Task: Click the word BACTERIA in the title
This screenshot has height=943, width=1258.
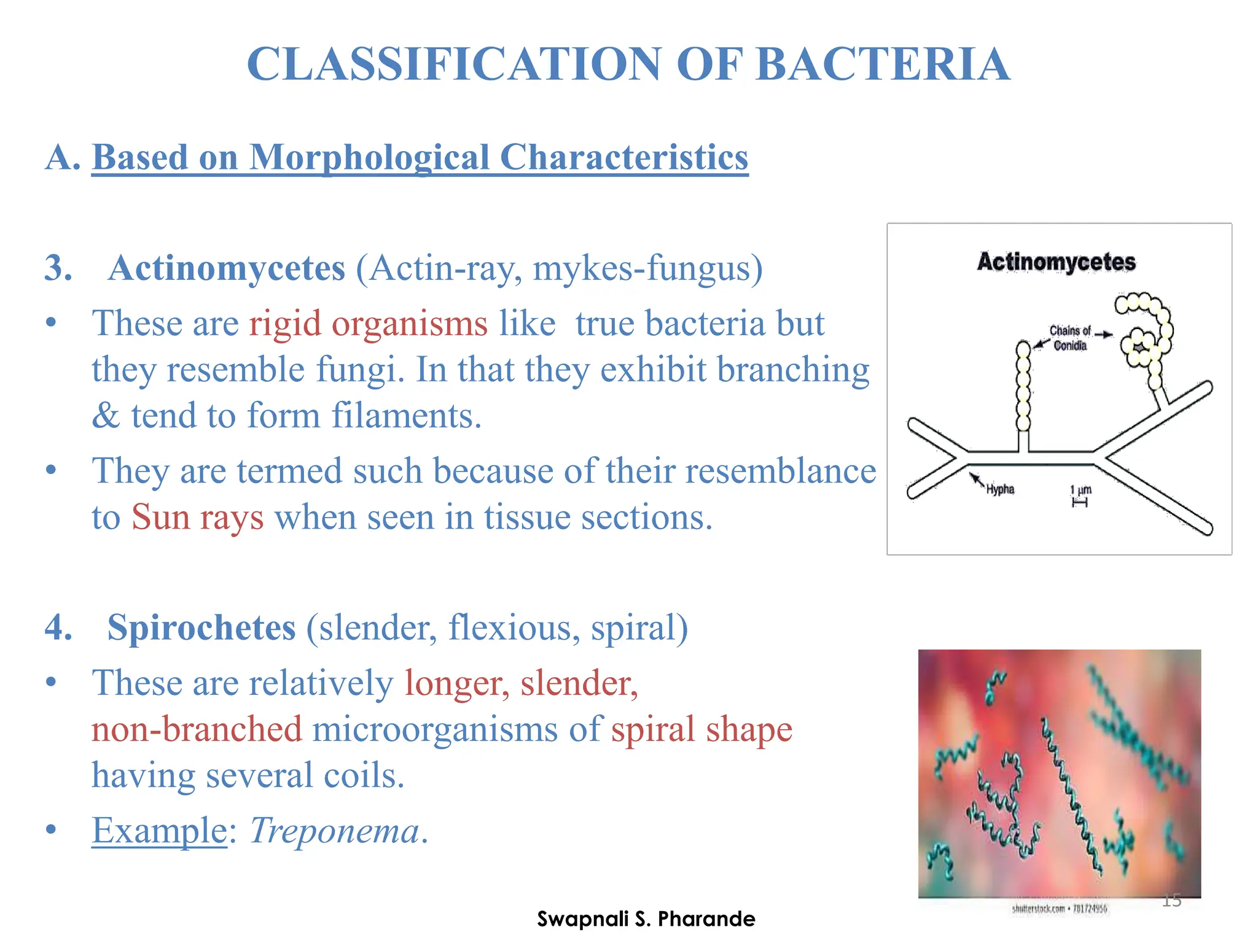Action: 883,64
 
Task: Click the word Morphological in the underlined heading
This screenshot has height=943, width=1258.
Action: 369,157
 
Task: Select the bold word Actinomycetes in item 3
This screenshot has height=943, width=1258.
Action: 227,268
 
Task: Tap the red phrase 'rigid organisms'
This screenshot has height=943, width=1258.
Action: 368,324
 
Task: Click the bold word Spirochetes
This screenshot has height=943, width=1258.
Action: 201,627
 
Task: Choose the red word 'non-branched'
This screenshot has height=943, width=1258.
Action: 197,729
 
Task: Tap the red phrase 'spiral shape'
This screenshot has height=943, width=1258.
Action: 701,729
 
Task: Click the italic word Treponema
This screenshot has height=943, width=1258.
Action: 334,831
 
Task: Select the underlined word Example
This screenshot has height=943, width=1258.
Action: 160,831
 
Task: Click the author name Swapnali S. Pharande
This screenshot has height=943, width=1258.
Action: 646,919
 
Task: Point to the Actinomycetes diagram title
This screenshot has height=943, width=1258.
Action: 1056,262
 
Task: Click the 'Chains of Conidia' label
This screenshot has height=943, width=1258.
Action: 1069,338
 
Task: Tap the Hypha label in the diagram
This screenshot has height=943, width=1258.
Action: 1000,489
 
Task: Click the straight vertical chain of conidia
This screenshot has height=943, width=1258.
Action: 1023,387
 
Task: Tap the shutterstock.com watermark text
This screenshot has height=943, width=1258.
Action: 1059,909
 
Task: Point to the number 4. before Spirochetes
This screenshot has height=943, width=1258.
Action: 58,627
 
